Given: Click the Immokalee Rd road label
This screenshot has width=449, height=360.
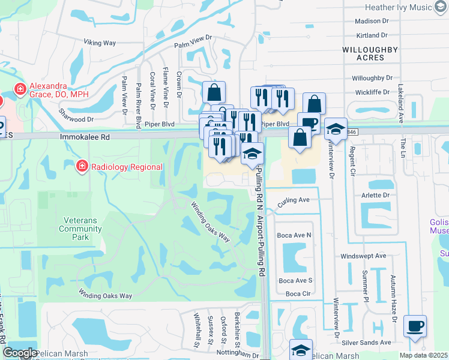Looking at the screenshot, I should pos(85,137).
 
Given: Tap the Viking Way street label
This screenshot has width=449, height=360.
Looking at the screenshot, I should pos(99,43).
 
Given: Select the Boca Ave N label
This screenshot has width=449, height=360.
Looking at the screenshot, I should pos(294,235).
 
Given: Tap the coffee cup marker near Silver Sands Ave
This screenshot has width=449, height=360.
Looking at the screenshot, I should pos(415,326).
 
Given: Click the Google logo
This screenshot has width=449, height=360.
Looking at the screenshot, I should pos(20,353).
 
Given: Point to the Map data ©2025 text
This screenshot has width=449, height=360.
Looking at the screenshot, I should pos(423,355).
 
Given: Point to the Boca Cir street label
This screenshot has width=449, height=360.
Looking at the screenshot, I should pos(298,293).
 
